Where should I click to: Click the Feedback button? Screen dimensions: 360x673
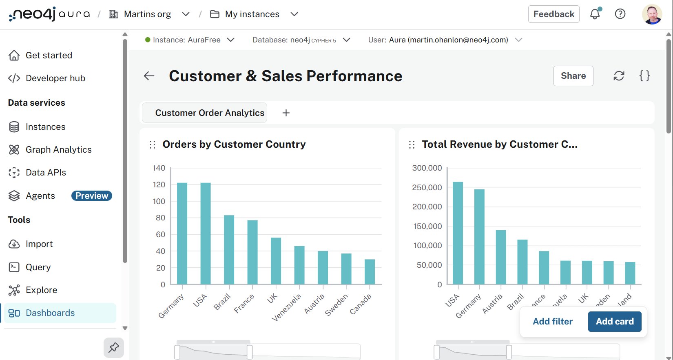[553, 14]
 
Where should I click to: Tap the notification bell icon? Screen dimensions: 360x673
[595, 14]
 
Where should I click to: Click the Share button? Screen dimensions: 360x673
[573, 76]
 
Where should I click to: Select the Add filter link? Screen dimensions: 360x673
[553, 322]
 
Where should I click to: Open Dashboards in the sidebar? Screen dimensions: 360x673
[50, 313]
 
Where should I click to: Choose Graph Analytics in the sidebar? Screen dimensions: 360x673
[58, 150]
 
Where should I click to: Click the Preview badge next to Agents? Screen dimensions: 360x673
[91, 196]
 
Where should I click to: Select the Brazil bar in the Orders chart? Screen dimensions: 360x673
[229, 250]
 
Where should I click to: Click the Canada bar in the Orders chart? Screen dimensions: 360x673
[370, 272]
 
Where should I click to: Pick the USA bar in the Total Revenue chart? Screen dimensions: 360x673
[458, 233]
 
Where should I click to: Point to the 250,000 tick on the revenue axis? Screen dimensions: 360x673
[427, 187]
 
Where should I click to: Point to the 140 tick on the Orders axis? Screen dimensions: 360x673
[159, 168]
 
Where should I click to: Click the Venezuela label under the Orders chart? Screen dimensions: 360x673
[286, 307]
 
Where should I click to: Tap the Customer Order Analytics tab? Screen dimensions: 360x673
[210, 113]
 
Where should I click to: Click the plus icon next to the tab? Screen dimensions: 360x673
[286, 113]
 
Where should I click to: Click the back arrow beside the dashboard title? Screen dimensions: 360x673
[149, 76]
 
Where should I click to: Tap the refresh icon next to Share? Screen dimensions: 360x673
[619, 76]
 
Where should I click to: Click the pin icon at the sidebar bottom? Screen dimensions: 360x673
[114, 348]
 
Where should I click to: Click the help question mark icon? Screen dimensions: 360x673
[620, 14]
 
